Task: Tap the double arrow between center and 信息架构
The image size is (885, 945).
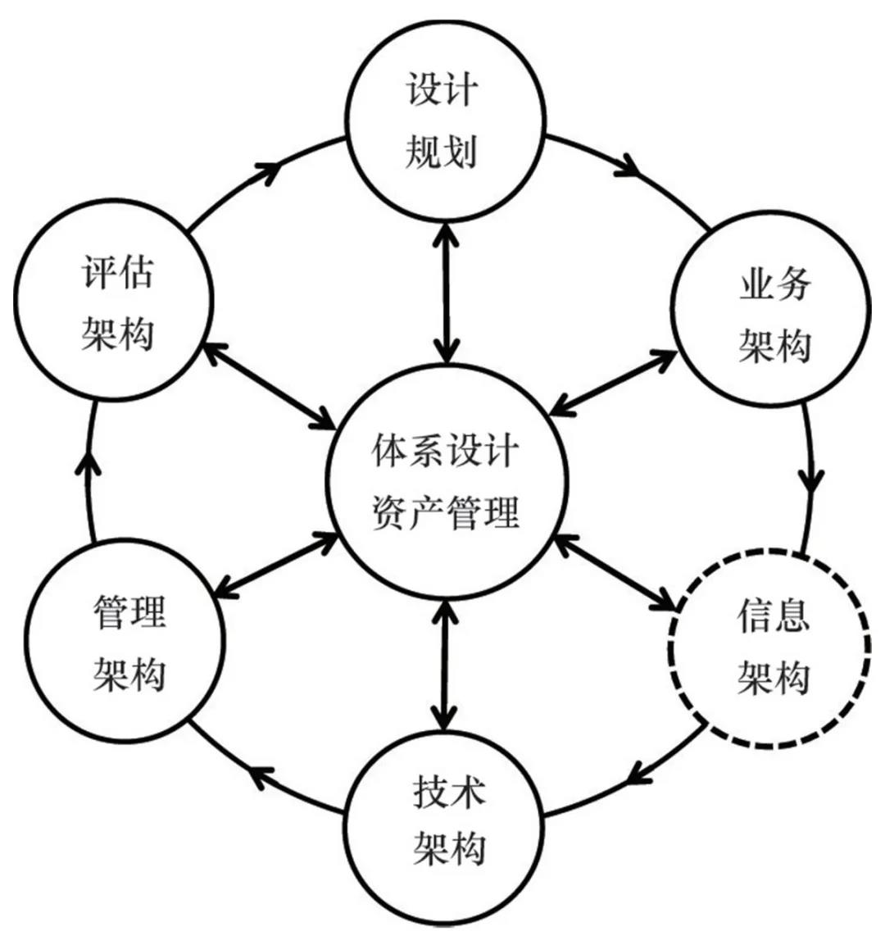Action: tap(615, 574)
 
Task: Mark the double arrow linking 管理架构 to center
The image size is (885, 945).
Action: tap(279, 566)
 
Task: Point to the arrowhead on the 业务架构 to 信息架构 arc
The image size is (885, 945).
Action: tap(811, 479)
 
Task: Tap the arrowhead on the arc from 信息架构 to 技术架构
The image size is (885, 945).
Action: tap(640, 774)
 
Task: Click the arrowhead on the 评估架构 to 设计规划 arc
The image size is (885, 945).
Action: tap(269, 170)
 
